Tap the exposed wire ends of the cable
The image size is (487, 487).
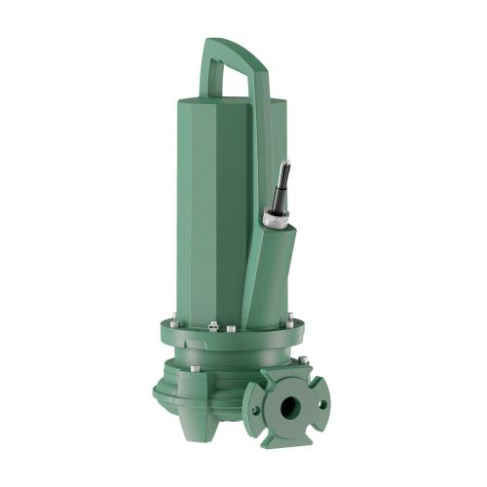pos(283,175)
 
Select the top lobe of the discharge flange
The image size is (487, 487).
pos(289,374)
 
